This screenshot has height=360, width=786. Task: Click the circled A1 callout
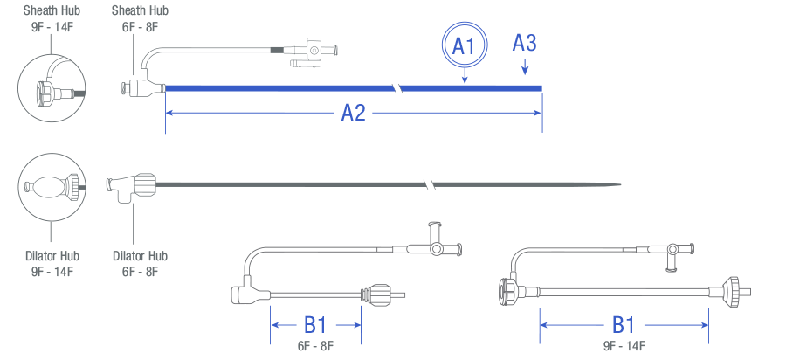464,46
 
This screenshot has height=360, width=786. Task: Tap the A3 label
524,43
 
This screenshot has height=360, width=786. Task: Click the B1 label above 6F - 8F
315,325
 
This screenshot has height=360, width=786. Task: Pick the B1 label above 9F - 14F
623,325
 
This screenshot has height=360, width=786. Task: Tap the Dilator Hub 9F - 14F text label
51,263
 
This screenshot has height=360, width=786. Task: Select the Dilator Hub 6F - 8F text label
140,263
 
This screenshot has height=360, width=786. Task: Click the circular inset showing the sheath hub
52,87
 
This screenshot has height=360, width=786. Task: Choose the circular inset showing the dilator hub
52,186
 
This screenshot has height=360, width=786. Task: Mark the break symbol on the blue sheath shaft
398,87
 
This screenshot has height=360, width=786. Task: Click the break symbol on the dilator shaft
428,184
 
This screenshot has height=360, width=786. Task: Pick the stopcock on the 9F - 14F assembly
672,253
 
